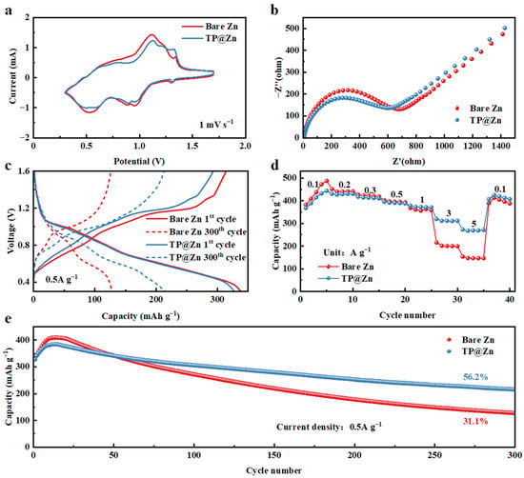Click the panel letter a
9,11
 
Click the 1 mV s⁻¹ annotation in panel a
216,124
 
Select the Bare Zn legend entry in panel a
210,26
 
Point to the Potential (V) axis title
139,161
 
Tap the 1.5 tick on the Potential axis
192,147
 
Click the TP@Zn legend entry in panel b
479,120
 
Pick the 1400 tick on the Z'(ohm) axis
500,146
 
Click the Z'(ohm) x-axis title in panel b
409,161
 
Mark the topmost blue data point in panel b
505,28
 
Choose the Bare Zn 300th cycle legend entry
196,231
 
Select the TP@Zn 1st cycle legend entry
191,244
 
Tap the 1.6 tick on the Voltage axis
24,171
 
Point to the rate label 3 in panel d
449,213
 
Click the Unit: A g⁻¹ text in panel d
347,252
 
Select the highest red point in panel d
327,181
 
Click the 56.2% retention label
475,377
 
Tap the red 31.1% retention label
475,421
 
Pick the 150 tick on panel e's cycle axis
274,455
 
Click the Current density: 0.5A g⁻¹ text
329,427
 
